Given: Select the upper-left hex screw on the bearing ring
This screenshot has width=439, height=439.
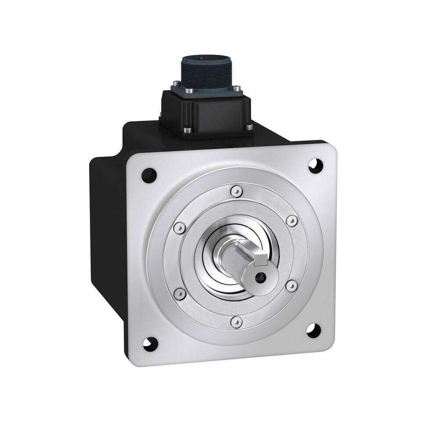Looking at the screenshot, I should point(178,228).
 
